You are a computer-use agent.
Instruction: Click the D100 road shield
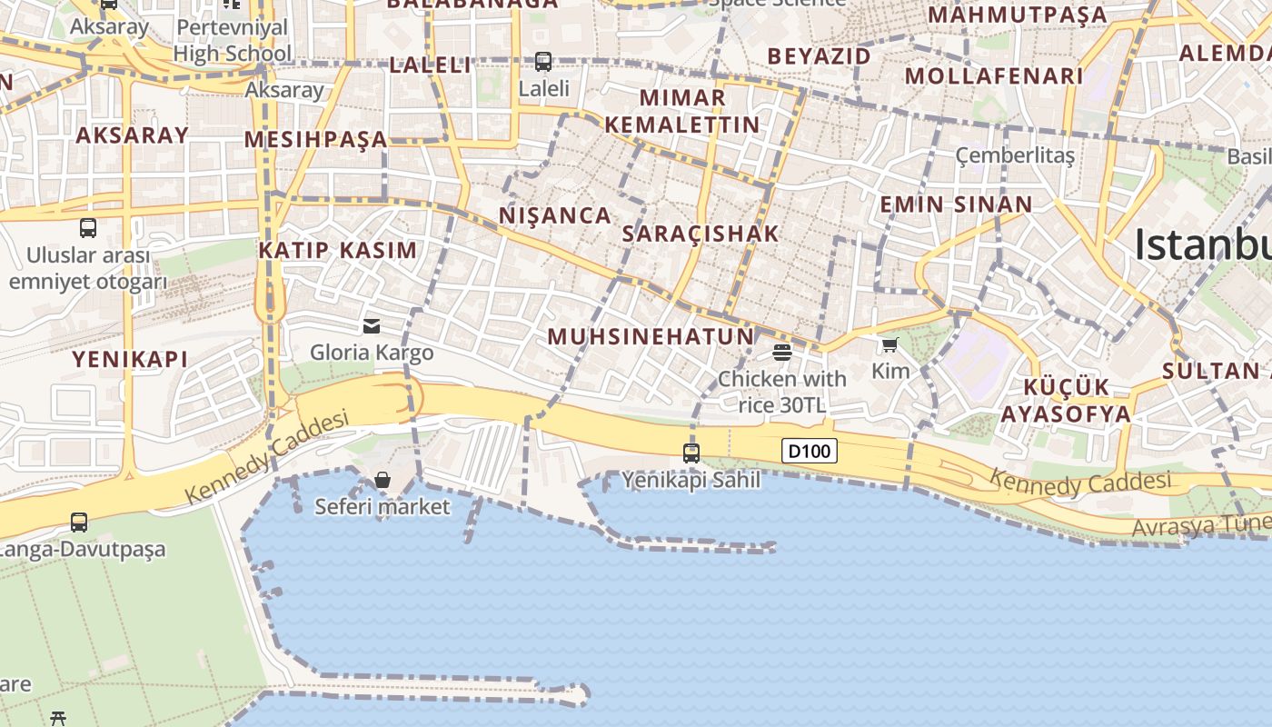point(809,451)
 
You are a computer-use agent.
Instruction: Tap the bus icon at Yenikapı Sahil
point(691,452)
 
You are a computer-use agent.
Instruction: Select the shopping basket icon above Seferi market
point(383,479)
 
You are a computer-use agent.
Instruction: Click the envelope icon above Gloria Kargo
point(372,325)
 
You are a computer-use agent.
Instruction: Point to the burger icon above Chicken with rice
point(782,352)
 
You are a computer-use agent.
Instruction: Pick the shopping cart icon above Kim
point(889,344)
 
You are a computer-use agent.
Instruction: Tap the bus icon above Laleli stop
point(543,62)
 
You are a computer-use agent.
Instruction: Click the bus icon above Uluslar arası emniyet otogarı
point(88,227)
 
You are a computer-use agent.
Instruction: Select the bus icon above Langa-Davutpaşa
point(79,523)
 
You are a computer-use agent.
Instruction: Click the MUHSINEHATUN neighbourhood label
point(651,336)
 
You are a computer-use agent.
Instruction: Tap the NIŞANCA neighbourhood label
point(555,215)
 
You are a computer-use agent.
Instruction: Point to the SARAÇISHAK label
point(701,234)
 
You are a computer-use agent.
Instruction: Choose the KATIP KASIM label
point(338,250)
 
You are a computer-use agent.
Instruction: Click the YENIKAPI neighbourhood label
point(130,359)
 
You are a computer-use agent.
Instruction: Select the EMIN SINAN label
point(955,204)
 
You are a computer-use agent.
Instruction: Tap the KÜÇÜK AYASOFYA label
point(1066,401)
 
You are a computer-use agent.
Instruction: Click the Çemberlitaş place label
point(1015,155)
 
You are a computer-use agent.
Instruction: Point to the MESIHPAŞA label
point(316,139)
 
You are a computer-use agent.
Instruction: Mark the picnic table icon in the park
point(59,718)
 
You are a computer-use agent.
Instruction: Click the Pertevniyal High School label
point(233,40)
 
